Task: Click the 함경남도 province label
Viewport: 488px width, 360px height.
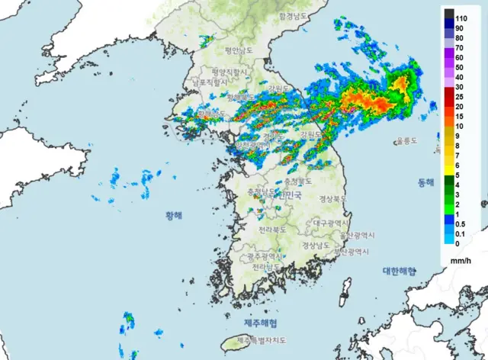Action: tap(293, 16)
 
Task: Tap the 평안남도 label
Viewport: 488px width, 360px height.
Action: tap(238, 50)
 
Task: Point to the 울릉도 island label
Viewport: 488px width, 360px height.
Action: tap(407, 141)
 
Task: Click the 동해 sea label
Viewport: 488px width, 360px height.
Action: tap(425, 183)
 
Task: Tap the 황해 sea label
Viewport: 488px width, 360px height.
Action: tap(175, 216)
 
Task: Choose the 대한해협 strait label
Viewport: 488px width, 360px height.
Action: tap(399, 271)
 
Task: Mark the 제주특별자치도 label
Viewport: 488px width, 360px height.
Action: tap(262, 340)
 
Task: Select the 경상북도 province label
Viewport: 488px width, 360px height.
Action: tap(332, 199)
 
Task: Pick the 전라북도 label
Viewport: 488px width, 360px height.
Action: tap(272, 229)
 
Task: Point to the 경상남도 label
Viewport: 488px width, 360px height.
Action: tap(316, 246)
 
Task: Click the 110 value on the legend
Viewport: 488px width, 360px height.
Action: tap(461, 17)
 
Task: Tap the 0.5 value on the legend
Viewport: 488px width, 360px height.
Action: tap(460, 224)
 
